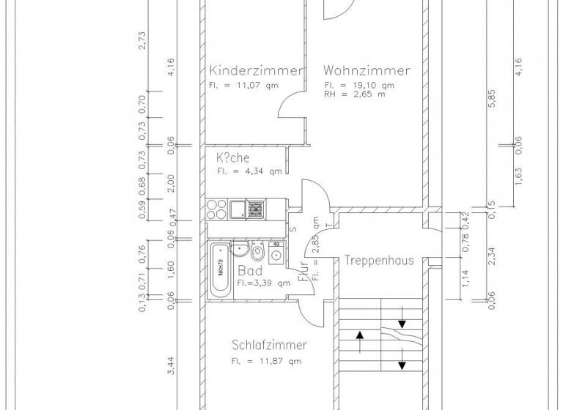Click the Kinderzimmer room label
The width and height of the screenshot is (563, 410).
[255, 71]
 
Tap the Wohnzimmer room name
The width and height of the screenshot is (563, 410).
[367, 71]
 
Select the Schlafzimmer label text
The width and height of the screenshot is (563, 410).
[269, 346]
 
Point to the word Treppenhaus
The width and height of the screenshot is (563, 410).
[380, 260]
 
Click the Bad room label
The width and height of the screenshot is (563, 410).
[250, 270]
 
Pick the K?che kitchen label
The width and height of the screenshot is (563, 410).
[232, 157]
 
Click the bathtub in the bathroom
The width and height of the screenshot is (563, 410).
[220, 269]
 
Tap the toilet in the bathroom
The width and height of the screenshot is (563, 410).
[257, 253]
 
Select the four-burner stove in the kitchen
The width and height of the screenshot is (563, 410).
[216, 210]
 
